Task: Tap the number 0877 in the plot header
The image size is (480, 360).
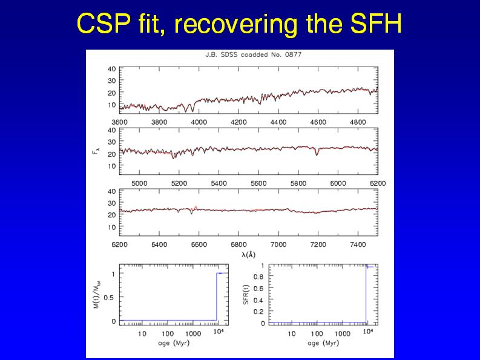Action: coord(293,54)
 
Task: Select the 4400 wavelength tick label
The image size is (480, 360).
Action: coord(278,122)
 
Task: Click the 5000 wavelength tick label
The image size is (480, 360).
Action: coord(139,182)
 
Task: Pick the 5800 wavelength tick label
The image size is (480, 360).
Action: coord(298,182)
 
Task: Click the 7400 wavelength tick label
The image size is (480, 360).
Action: coord(358,244)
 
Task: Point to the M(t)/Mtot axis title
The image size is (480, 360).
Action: coord(96,296)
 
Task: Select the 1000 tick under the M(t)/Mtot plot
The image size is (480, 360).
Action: coord(193,333)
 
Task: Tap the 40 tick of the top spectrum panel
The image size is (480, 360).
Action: coord(112,68)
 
